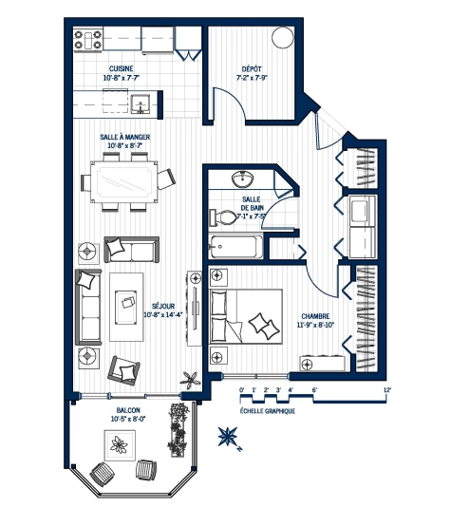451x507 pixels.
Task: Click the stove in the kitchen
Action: (87, 40)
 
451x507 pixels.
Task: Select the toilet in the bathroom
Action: (222, 215)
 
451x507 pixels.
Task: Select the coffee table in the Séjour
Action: (127, 304)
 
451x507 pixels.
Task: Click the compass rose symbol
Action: (228, 436)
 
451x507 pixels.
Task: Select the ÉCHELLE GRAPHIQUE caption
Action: (268, 411)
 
